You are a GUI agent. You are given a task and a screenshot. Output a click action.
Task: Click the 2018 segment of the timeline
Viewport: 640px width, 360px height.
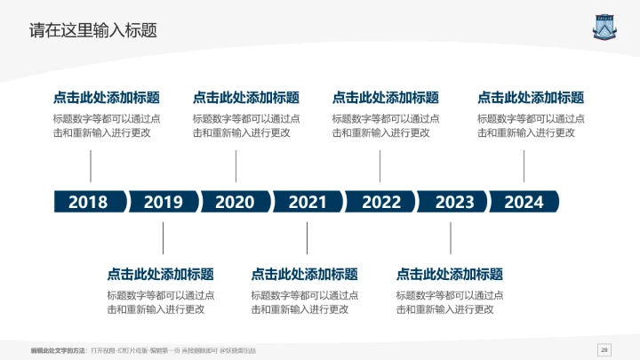[88, 202]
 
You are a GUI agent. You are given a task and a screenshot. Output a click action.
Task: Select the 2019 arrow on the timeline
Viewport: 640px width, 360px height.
[163, 202]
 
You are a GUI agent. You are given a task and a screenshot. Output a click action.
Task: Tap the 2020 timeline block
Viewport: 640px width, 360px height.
[235, 202]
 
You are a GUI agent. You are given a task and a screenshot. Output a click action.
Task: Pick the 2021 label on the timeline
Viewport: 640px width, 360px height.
[308, 202]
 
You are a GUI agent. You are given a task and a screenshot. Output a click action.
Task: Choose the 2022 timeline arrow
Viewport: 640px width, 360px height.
[381, 202]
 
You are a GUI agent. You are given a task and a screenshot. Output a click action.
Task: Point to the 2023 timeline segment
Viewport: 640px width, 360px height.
[454, 202]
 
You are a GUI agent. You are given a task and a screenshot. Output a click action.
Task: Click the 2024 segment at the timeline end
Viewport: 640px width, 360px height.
[524, 202]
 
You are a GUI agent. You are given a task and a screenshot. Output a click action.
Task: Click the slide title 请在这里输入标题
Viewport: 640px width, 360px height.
[93, 30]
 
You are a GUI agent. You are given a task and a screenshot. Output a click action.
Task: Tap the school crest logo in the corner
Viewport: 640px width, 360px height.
[605, 27]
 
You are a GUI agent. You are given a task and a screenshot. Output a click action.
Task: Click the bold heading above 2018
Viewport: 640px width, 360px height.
[107, 98]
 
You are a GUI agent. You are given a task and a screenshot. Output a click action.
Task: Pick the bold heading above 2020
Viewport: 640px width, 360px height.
[246, 98]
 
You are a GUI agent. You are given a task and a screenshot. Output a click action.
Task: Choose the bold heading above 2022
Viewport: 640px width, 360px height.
[386, 98]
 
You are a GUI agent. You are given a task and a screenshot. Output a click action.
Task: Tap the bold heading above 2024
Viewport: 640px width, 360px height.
[531, 98]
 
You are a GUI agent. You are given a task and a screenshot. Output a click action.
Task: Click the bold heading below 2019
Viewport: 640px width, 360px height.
[161, 275]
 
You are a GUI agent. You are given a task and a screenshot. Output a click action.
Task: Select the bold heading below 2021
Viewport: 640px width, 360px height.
[305, 275]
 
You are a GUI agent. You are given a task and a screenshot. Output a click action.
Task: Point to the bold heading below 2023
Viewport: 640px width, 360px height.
[450, 275]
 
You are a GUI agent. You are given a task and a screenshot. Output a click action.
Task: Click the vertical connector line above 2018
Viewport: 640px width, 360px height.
[91, 166]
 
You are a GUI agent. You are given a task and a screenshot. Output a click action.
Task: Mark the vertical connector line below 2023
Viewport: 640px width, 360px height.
[451, 237]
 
